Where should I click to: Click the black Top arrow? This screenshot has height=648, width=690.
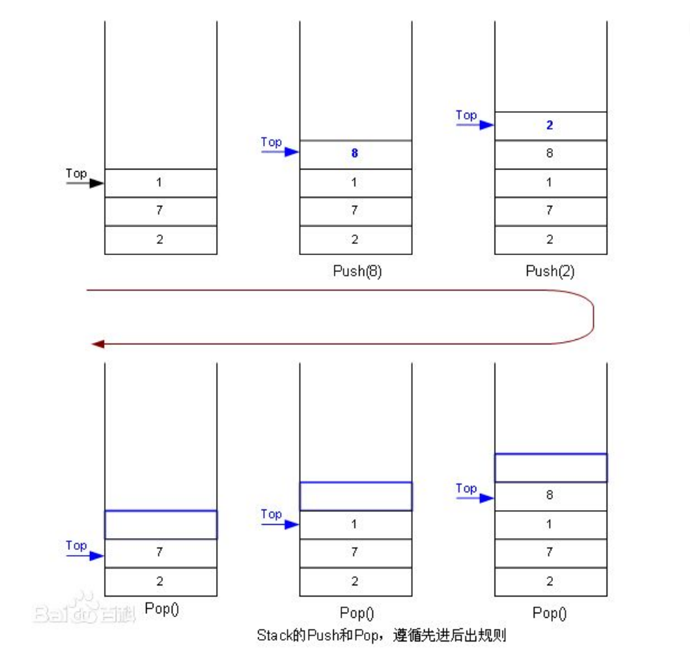(86, 183)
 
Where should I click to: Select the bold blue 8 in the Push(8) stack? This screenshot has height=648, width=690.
(355, 154)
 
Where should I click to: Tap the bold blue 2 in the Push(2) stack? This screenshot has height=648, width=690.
(549, 125)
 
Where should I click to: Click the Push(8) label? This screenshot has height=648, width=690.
(358, 271)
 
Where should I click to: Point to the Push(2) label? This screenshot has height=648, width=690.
(550, 271)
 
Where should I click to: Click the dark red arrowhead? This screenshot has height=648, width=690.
(96, 344)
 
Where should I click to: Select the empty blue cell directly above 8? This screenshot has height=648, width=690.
(550, 467)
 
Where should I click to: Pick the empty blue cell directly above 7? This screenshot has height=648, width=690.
(161, 524)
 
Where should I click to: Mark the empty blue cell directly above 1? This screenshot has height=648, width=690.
(355, 495)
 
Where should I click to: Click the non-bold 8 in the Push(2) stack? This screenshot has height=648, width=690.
(549, 154)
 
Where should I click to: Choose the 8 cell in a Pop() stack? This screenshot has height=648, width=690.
(550, 495)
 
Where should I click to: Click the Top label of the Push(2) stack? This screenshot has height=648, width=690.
(467, 115)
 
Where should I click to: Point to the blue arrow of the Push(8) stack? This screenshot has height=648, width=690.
(280, 153)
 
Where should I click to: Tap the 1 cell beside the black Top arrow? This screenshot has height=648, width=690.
(160, 183)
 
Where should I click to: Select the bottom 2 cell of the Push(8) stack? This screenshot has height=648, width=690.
(355, 240)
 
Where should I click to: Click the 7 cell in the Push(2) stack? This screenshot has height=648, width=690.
(549, 211)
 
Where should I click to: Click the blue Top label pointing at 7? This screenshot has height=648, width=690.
(76, 546)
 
